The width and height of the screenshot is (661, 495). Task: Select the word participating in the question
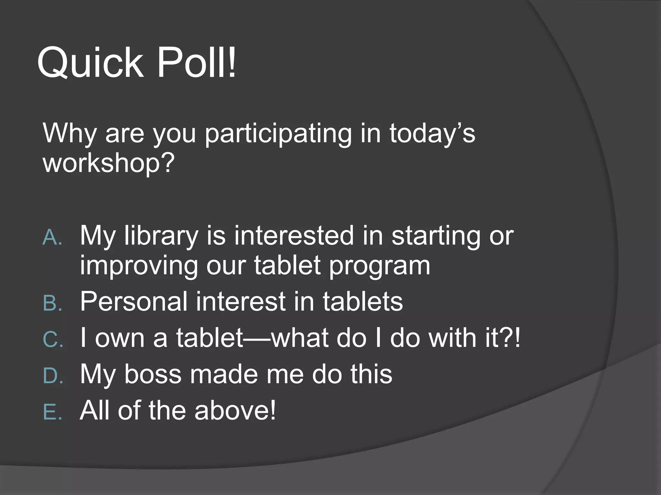point(278,134)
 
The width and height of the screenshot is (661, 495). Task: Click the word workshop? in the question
point(109,163)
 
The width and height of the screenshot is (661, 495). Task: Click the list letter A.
point(52,238)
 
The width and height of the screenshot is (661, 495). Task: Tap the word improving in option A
point(139,266)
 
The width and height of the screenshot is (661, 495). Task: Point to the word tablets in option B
point(363,302)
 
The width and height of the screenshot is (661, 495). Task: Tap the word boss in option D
point(153,374)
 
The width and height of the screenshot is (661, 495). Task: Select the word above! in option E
point(235,410)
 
